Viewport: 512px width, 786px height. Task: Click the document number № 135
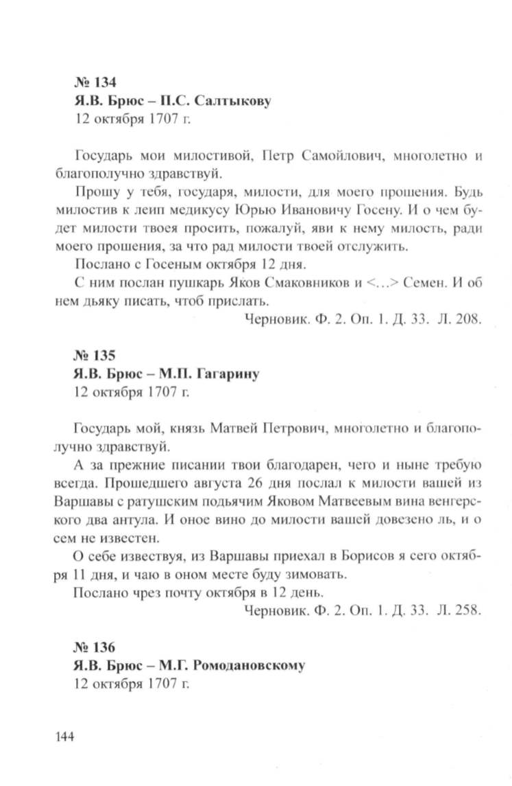(94, 356)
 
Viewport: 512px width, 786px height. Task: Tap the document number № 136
(94, 647)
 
